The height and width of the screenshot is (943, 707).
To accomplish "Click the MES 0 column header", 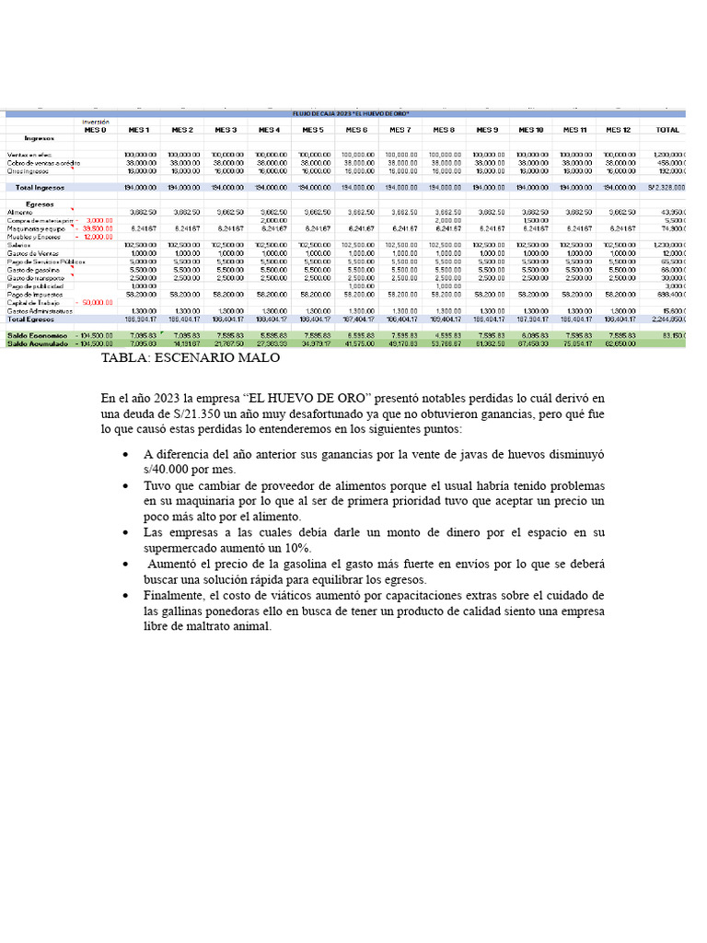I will click(x=96, y=130).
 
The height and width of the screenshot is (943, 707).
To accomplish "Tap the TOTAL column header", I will click(x=667, y=130).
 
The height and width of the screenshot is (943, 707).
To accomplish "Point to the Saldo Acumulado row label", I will click(x=38, y=343).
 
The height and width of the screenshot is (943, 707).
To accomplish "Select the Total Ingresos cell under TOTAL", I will click(x=666, y=187).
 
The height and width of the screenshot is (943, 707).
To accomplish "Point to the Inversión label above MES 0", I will click(x=96, y=122).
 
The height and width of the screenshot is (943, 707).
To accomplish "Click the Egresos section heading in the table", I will click(x=40, y=203).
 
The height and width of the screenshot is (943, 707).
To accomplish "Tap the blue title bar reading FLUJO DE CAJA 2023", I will click(x=350, y=113).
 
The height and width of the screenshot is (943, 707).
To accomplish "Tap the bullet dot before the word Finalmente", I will click(x=125, y=596).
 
